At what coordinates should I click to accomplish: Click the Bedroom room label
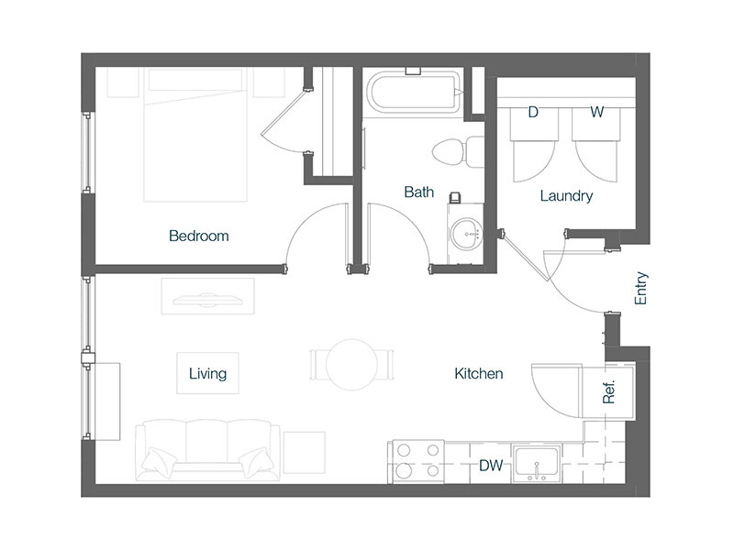(199, 236)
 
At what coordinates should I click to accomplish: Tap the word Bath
(419, 192)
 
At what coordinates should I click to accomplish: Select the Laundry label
(566, 195)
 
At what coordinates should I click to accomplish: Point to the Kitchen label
(479, 373)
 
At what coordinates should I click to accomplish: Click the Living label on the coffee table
(208, 373)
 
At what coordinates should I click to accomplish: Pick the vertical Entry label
(640, 288)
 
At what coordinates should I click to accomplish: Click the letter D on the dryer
(533, 112)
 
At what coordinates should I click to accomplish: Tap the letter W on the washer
(597, 112)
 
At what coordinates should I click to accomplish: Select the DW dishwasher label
(491, 465)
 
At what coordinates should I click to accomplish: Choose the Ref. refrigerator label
(608, 392)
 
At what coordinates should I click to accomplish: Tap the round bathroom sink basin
(466, 233)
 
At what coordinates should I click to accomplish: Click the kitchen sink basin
(537, 464)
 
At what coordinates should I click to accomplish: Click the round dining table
(352, 365)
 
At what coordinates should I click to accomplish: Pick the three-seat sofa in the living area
(208, 450)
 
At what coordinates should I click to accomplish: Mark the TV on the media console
(208, 301)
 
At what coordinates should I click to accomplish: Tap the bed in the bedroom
(195, 135)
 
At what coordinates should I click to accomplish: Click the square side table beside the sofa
(305, 452)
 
